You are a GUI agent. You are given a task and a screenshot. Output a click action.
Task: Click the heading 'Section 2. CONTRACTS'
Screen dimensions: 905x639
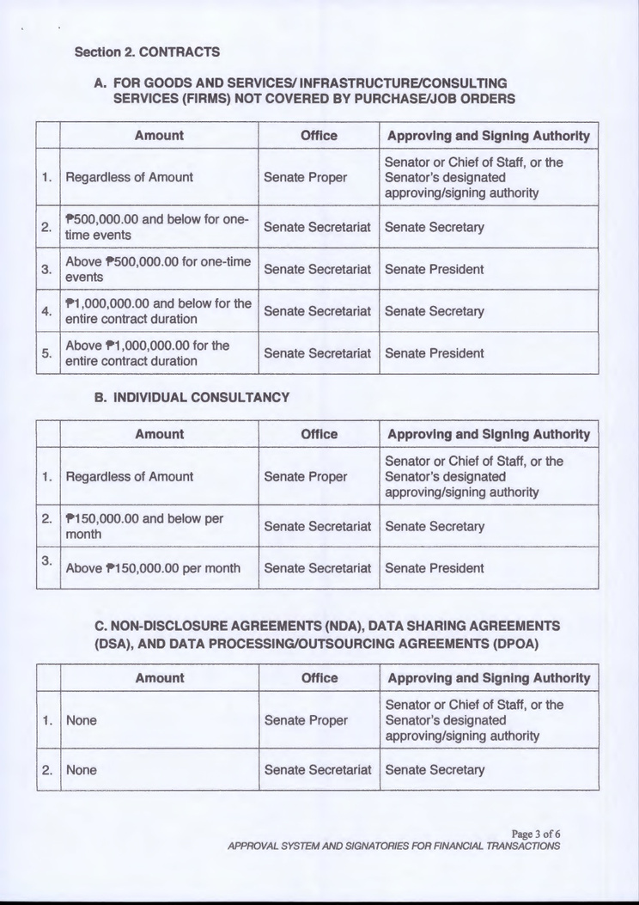147,52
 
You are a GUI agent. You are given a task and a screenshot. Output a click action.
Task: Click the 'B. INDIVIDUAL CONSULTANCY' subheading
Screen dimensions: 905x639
190,398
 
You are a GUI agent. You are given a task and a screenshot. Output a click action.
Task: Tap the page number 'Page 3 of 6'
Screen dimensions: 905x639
535,834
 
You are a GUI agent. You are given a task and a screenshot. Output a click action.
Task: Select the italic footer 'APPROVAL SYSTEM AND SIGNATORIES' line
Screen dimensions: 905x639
393,846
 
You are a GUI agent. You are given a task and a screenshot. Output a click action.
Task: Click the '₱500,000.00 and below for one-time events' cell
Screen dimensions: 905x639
157,227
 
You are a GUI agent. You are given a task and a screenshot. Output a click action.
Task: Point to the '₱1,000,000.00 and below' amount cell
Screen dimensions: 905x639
159,311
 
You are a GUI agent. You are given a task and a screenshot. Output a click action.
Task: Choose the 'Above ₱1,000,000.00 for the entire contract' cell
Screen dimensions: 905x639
148,353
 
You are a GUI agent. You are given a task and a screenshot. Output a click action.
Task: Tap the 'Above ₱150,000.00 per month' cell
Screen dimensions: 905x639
153,568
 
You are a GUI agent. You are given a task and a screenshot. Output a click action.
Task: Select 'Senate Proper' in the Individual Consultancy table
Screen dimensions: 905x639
305,476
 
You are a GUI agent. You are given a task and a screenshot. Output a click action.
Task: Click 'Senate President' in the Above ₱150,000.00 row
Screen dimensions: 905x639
435,568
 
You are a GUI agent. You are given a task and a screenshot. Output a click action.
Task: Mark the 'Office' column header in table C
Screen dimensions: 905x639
319,678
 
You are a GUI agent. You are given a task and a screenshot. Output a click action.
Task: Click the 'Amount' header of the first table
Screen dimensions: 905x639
159,136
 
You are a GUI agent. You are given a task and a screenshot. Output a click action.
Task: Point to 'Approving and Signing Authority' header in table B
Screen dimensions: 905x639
489,434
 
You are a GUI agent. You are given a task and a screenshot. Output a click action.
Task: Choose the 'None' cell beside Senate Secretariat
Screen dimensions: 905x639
82,770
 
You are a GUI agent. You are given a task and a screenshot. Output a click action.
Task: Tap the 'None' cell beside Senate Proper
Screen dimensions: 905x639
82,720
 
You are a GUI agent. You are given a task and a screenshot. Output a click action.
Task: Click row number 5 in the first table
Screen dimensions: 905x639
48,353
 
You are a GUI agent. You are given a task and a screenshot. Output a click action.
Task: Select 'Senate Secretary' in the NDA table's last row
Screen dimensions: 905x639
435,770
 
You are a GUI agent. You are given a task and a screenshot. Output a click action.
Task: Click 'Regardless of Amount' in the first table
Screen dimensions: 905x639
130,177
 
